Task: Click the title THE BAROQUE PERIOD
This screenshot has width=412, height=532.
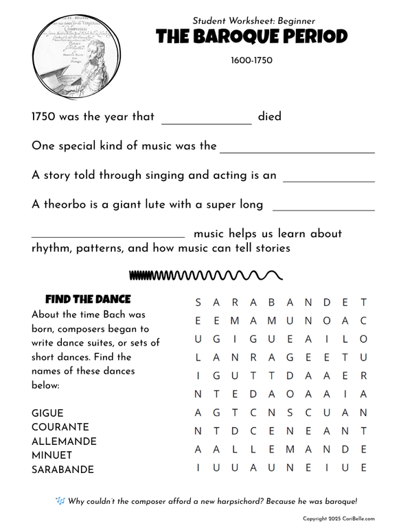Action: coord(252,37)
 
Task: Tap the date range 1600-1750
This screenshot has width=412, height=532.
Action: coord(252,60)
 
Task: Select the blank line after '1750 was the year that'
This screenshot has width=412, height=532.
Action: coord(206,123)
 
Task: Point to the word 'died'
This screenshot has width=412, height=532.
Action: coord(270,117)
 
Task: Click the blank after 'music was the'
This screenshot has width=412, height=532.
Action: coord(297,152)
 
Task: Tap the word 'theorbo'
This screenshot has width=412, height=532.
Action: coord(72,204)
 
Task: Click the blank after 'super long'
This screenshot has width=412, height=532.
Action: coord(323,210)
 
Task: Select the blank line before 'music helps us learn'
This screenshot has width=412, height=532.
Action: coord(108,237)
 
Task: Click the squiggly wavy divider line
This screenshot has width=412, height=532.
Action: coord(205,276)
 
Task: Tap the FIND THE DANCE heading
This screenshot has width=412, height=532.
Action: coord(87,300)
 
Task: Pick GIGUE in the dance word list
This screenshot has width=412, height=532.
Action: coord(47,413)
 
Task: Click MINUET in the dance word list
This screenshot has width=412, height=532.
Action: coord(49,455)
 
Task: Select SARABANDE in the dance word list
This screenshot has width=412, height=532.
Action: coord(62,470)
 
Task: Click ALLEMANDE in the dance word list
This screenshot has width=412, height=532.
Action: coord(64,442)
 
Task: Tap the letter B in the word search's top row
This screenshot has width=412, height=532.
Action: coord(271,302)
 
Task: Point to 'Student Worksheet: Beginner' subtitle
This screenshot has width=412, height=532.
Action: coord(254,21)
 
